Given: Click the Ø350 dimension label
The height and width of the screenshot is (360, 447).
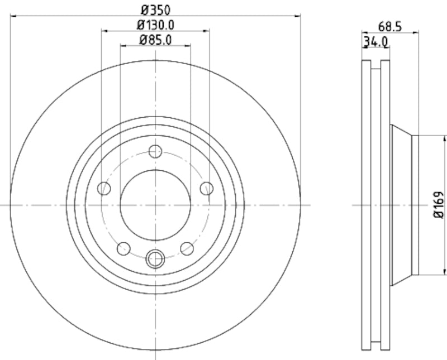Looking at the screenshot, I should [155, 9].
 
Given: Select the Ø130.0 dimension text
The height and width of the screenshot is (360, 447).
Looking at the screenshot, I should [155, 25].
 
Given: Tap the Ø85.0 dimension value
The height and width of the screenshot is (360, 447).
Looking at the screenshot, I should [155, 40].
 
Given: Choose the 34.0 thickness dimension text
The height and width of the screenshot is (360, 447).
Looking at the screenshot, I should [375, 42].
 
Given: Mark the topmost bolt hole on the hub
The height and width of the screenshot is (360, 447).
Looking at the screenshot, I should [155, 151].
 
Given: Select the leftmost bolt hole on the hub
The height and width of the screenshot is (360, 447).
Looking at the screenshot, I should [104, 189].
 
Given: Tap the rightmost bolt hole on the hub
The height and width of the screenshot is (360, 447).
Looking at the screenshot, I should [207, 189].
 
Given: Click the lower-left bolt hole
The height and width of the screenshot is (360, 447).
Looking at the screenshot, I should [123, 248].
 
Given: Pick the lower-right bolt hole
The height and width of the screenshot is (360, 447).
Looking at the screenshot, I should [187, 248].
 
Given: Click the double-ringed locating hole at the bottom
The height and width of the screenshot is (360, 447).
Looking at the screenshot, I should [155, 258].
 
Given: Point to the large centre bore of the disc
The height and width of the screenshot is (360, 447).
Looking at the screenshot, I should [155, 205].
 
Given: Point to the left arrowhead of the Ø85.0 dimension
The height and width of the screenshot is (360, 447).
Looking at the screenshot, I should [123, 46].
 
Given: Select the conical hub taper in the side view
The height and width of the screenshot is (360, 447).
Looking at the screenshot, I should [401, 205].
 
